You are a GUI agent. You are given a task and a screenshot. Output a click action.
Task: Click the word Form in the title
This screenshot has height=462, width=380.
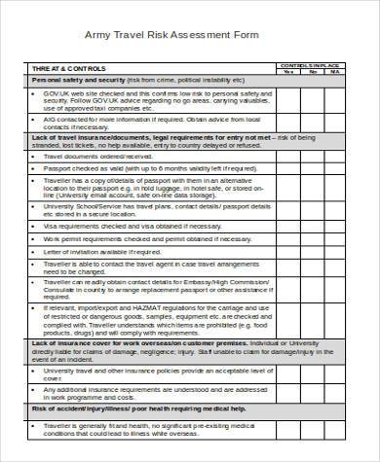tap(252, 32)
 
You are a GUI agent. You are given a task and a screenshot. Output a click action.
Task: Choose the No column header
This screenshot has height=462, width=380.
tap(312, 71)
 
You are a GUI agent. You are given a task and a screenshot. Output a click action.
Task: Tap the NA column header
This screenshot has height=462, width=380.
tap(335, 71)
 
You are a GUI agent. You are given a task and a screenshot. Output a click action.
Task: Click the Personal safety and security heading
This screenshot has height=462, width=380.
tap(73, 80)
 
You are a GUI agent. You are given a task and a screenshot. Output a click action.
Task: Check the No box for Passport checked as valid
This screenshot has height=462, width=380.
tap(312, 169)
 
